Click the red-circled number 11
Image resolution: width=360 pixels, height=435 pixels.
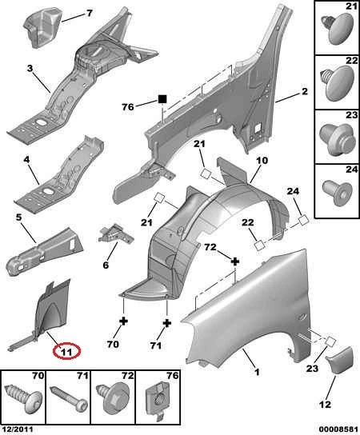[x=66, y=352]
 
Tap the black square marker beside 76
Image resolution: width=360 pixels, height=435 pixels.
[x=162, y=99]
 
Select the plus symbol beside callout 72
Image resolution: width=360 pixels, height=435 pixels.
[x=235, y=261]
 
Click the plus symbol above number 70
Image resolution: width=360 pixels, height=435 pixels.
[x=123, y=321]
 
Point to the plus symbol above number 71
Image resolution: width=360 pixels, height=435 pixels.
[x=167, y=323]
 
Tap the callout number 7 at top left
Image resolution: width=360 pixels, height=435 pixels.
[x=90, y=13]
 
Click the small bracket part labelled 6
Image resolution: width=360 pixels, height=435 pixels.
[x=116, y=233]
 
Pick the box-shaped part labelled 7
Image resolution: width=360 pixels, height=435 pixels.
[x=41, y=28]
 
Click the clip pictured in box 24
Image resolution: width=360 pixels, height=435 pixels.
[x=338, y=192]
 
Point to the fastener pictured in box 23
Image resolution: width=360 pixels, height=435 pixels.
[x=338, y=139]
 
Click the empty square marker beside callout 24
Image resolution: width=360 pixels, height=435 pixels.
[x=303, y=221]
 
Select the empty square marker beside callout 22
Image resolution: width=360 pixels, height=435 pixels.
[x=260, y=245]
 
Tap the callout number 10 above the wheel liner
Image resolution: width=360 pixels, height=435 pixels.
[x=262, y=161]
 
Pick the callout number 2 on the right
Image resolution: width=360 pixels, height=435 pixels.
[x=305, y=91]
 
